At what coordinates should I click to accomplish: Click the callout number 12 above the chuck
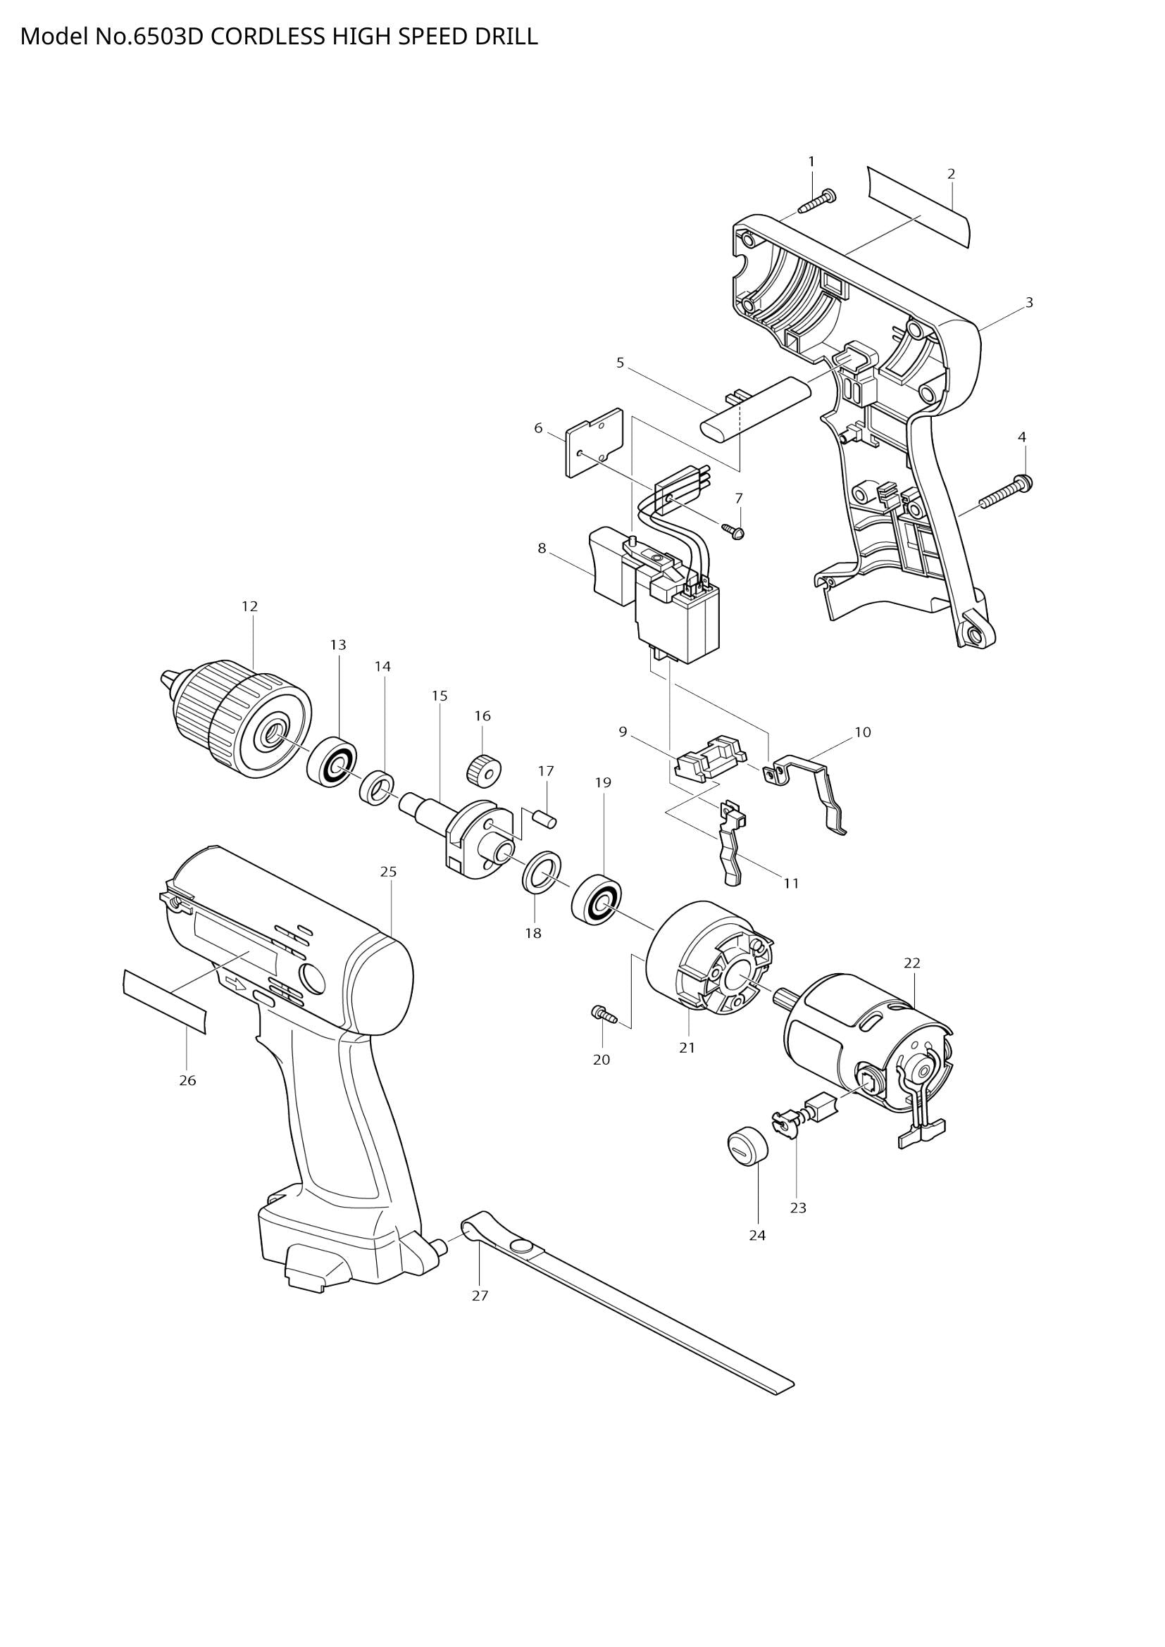click(x=249, y=606)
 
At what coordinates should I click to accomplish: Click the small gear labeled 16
click(x=483, y=770)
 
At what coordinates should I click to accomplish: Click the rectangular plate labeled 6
click(x=594, y=442)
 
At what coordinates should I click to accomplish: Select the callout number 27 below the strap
click(x=480, y=1296)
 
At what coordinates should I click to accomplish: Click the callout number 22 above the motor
click(x=911, y=963)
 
